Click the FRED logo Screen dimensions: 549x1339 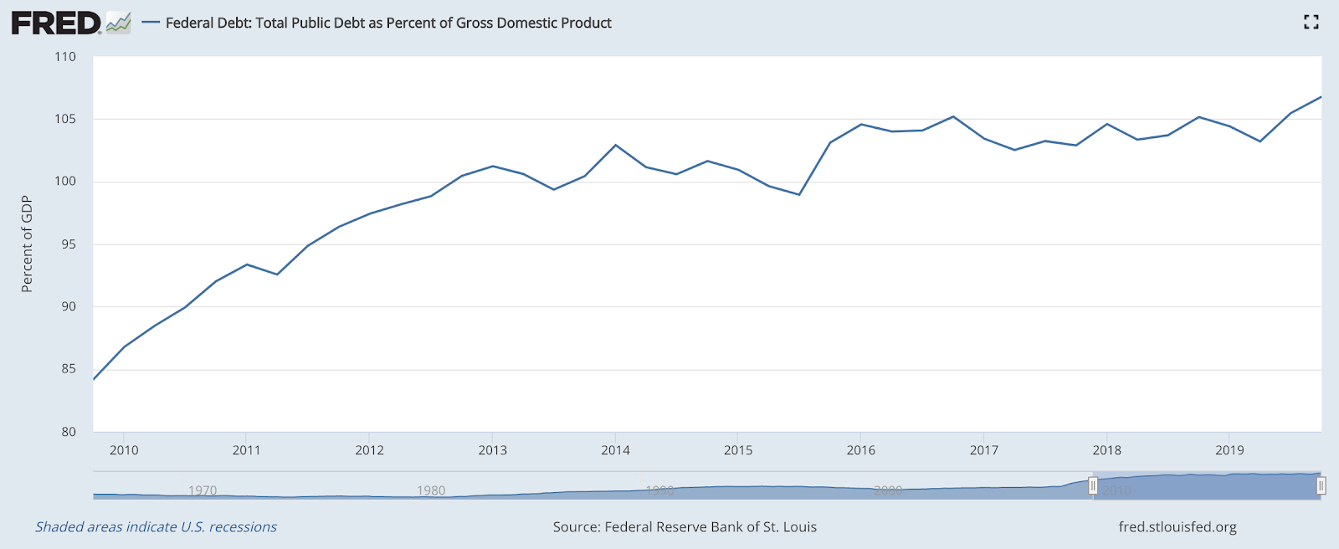point(57,23)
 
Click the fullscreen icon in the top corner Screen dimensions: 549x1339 point(1311,23)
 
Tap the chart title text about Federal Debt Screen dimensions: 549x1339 point(388,23)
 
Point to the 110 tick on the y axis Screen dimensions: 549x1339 point(65,57)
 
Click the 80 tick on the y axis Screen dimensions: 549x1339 point(68,432)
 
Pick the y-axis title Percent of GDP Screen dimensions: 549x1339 point(27,244)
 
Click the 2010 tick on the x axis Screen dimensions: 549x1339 point(124,450)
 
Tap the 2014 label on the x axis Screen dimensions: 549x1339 point(615,450)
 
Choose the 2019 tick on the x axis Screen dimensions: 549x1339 point(1229,450)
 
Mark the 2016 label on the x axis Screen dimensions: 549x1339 point(861,450)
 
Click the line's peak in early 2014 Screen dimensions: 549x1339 point(616,145)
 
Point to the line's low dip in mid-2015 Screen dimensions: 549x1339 point(799,195)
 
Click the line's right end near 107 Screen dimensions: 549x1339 point(1321,97)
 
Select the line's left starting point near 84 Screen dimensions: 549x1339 point(94,379)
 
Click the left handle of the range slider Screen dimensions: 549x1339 point(1093,485)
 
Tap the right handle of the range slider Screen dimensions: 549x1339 point(1321,485)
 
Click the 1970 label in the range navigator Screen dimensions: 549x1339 point(203,490)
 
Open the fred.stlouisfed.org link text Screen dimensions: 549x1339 point(1177,527)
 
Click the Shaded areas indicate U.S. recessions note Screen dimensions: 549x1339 point(156,527)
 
